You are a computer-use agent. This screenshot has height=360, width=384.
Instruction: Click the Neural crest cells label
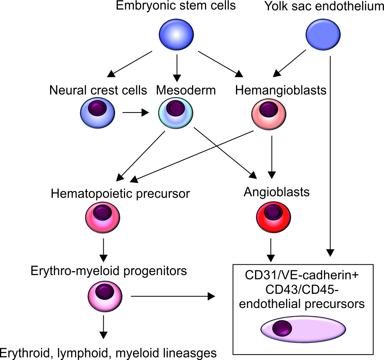tap(98, 91)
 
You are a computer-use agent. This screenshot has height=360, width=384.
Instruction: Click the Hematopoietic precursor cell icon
tap(103, 218)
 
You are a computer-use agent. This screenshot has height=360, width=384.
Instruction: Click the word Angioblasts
tap(277, 192)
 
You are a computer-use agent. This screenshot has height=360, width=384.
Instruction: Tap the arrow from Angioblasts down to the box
tap(271, 249)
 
